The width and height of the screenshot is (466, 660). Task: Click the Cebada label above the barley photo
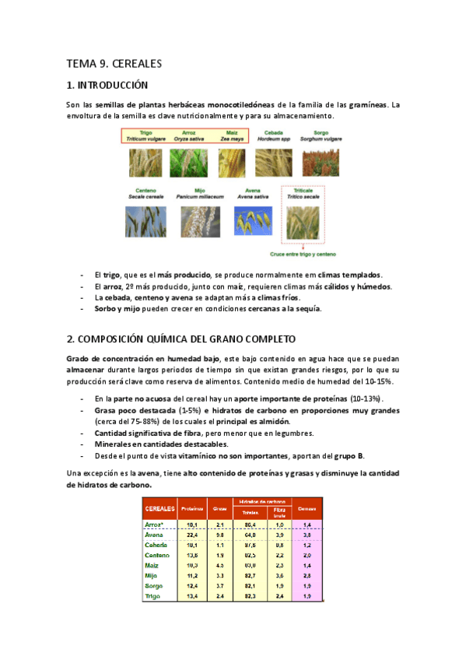click(x=273, y=133)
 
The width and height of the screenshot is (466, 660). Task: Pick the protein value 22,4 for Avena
click(x=191, y=535)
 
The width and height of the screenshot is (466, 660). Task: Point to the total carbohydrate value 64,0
click(x=250, y=535)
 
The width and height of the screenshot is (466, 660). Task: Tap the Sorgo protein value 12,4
click(x=191, y=586)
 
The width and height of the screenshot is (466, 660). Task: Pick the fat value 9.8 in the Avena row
click(x=220, y=535)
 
